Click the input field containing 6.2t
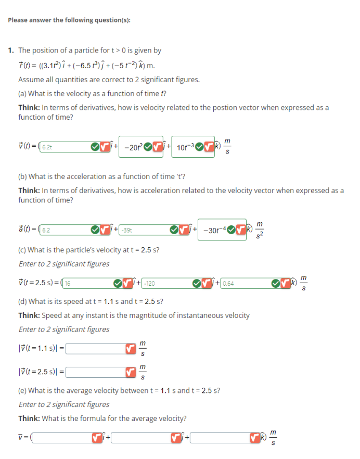click(x=57, y=148)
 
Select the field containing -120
click(x=165, y=284)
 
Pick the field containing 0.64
click(x=245, y=284)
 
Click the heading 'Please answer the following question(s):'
click(x=69, y=20)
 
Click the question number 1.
click(x=11, y=50)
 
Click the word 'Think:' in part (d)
click(x=29, y=315)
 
